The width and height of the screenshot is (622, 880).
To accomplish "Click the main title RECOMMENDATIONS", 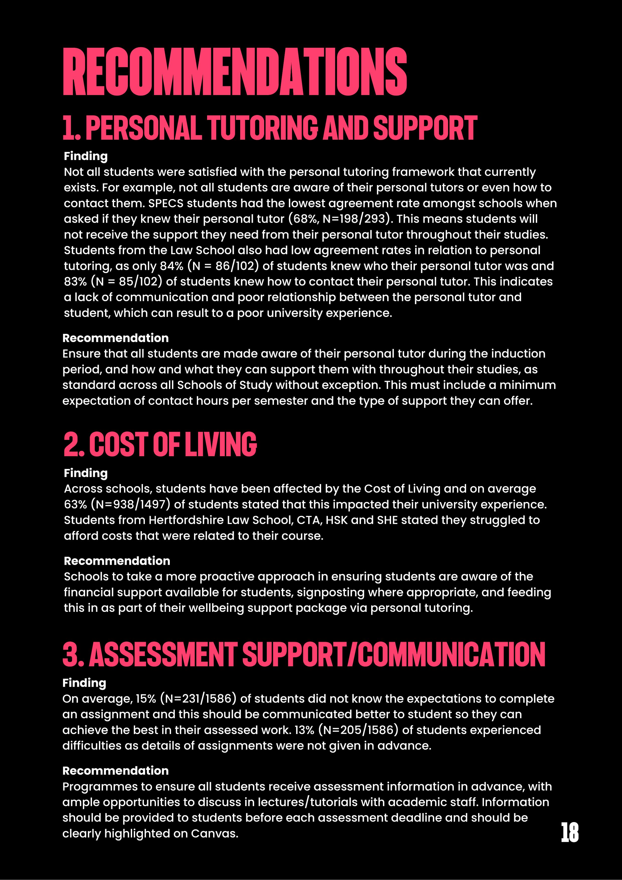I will [x=235, y=72].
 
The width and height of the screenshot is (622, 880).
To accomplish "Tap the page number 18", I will [x=570, y=832].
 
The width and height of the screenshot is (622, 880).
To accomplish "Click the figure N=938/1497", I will [x=130, y=504].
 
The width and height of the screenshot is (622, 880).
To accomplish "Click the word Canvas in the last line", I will [x=214, y=834].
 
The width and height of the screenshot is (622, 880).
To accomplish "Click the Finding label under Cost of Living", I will [x=85, y=473].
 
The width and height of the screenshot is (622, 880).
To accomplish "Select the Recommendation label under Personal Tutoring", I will [x=115, y=338].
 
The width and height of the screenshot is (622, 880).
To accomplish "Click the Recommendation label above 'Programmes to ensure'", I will [x=115, y=771].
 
